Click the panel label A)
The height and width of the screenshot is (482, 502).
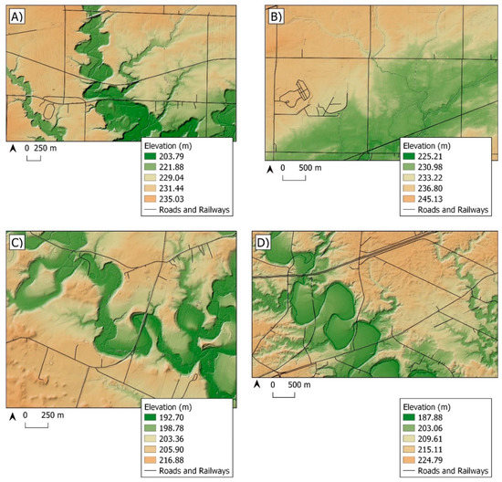(16, 16)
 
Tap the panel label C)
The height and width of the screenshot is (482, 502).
(16, 244)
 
